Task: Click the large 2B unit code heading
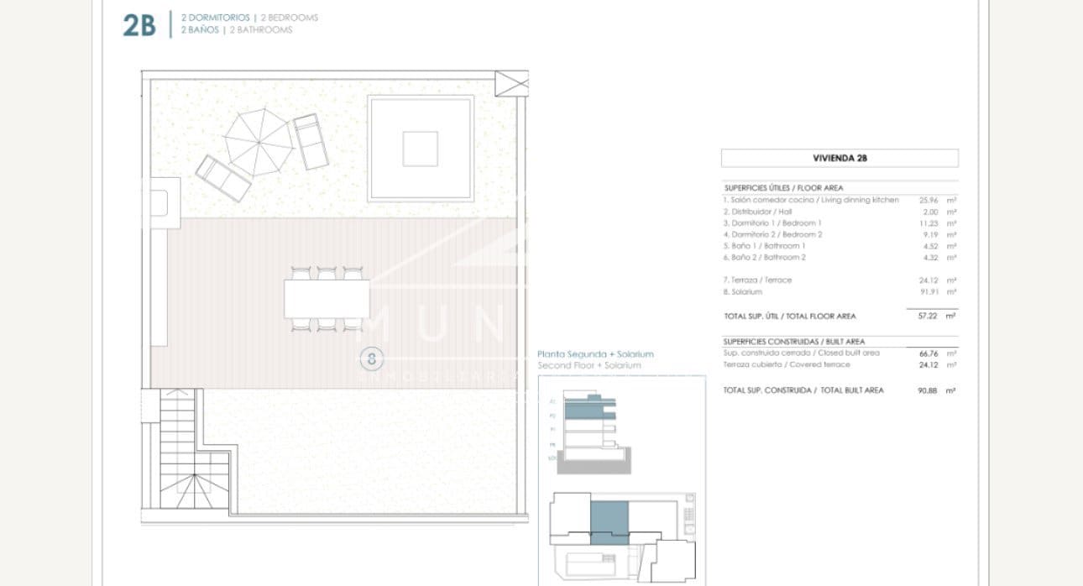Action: tap(139, 25)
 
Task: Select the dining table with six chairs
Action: tap(327, 298)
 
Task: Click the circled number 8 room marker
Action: tap(371, 359)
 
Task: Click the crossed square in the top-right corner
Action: tap(511, 84)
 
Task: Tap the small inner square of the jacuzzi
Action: tap(420, 149)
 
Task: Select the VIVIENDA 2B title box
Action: tap(839, 158)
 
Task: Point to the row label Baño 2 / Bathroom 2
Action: tap(765, 258)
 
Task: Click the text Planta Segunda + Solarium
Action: tap(594, 354)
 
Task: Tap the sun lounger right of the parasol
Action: tap(311, 142)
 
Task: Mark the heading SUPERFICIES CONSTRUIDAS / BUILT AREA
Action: tap(793, 342)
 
